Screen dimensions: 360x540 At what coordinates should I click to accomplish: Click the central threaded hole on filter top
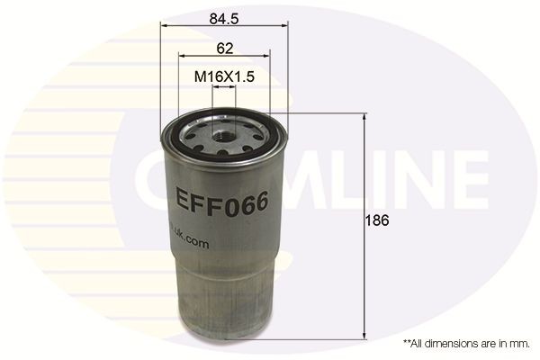pyautogui.click(x=224, y=139)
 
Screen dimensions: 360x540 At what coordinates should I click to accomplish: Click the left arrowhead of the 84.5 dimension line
pyautogui.click(x=164, y=25)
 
